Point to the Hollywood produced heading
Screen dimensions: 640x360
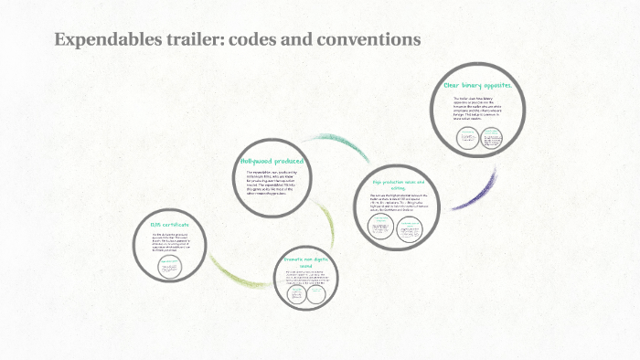click(x=271, y=161)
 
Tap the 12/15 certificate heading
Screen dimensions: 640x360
click(x=169, y=224)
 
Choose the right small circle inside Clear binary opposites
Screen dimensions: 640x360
click(x=492, y=137)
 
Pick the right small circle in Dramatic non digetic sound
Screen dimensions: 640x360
click(x=315, y=295)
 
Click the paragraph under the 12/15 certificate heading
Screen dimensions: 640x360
click(x=169, y=244)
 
